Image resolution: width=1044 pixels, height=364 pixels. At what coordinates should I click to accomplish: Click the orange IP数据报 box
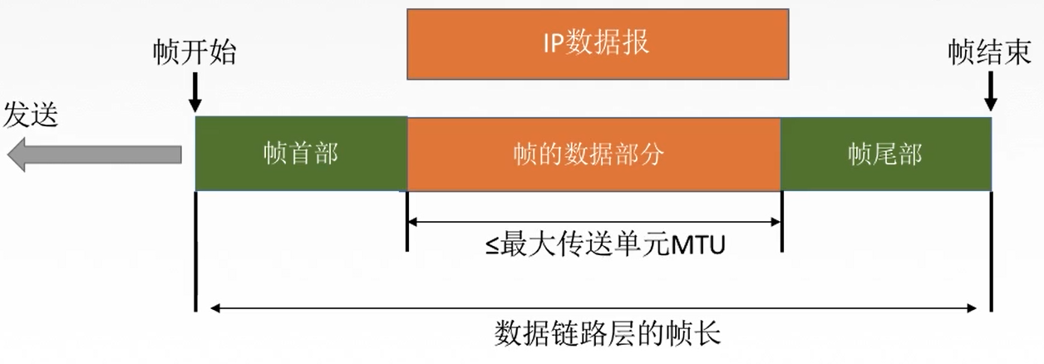point(597,44)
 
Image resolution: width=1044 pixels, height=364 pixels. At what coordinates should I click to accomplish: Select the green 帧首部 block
point(301,155)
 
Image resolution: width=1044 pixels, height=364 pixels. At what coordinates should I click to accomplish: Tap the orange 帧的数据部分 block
point(593,155)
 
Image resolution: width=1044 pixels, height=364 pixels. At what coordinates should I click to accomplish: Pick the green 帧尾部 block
point(885,155)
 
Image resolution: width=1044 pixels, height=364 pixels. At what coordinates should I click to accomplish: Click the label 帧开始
point(195,52)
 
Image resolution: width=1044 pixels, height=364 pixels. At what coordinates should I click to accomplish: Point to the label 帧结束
point(990,52)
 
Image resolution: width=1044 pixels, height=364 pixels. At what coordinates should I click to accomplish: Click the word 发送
point(31,115)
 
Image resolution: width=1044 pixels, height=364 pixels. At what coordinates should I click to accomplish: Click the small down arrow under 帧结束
point(990,93)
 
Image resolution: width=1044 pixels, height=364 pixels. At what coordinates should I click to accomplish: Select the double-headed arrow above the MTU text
point(593,221)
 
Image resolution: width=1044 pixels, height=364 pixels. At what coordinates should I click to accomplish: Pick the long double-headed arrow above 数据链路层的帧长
point(593,308)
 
